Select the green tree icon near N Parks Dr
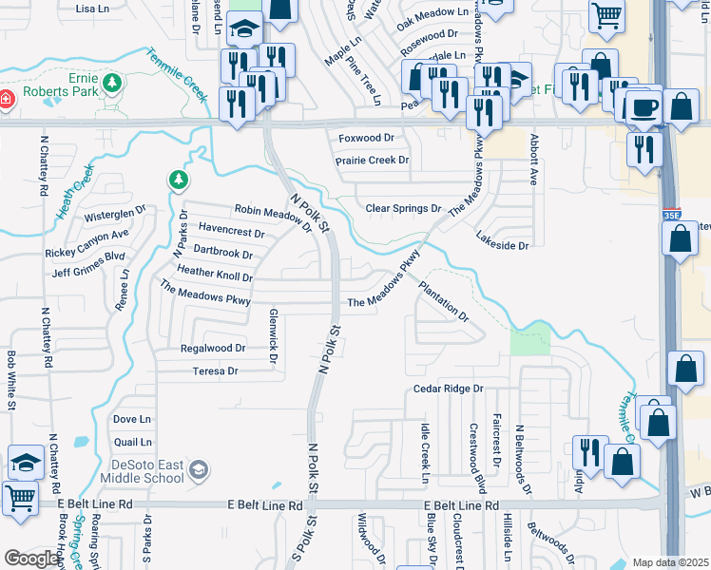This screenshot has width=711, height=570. (177, 180)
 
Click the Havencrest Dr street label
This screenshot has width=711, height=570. (231, 232)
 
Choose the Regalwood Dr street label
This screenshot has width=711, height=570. (213, 349)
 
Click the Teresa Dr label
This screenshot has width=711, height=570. (215, 371)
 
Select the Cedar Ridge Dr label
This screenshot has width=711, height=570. (449, 389)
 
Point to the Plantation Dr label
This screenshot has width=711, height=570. (444, 301)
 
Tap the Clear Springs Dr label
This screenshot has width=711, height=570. (404, 208)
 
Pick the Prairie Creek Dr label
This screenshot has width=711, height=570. (373, 161)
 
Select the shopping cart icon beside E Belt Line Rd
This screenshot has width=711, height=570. (21, 497)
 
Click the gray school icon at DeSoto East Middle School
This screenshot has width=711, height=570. (198, 469)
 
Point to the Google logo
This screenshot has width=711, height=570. (32, 559)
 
